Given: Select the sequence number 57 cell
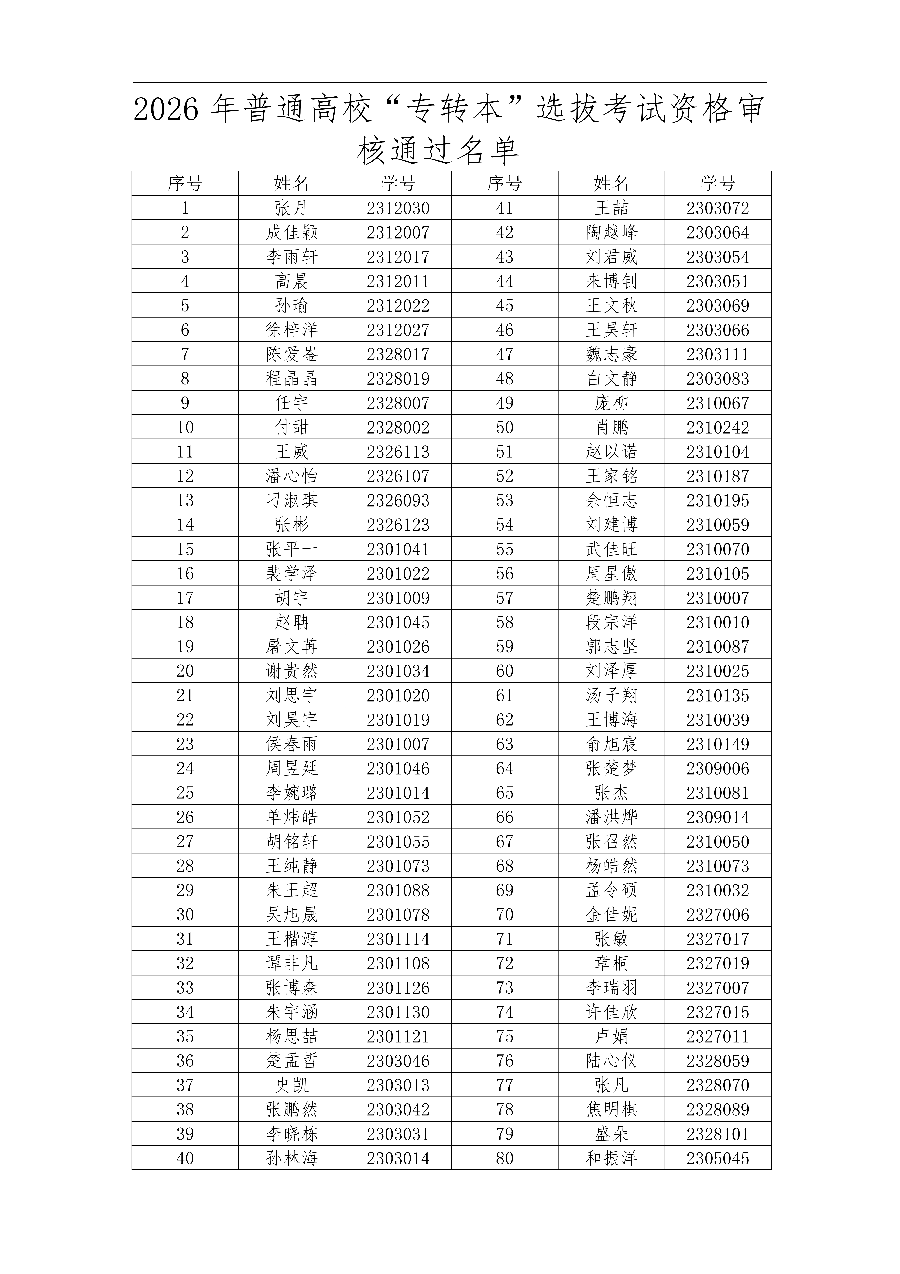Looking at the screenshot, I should (505, 598).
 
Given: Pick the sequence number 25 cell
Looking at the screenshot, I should (185, 793).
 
